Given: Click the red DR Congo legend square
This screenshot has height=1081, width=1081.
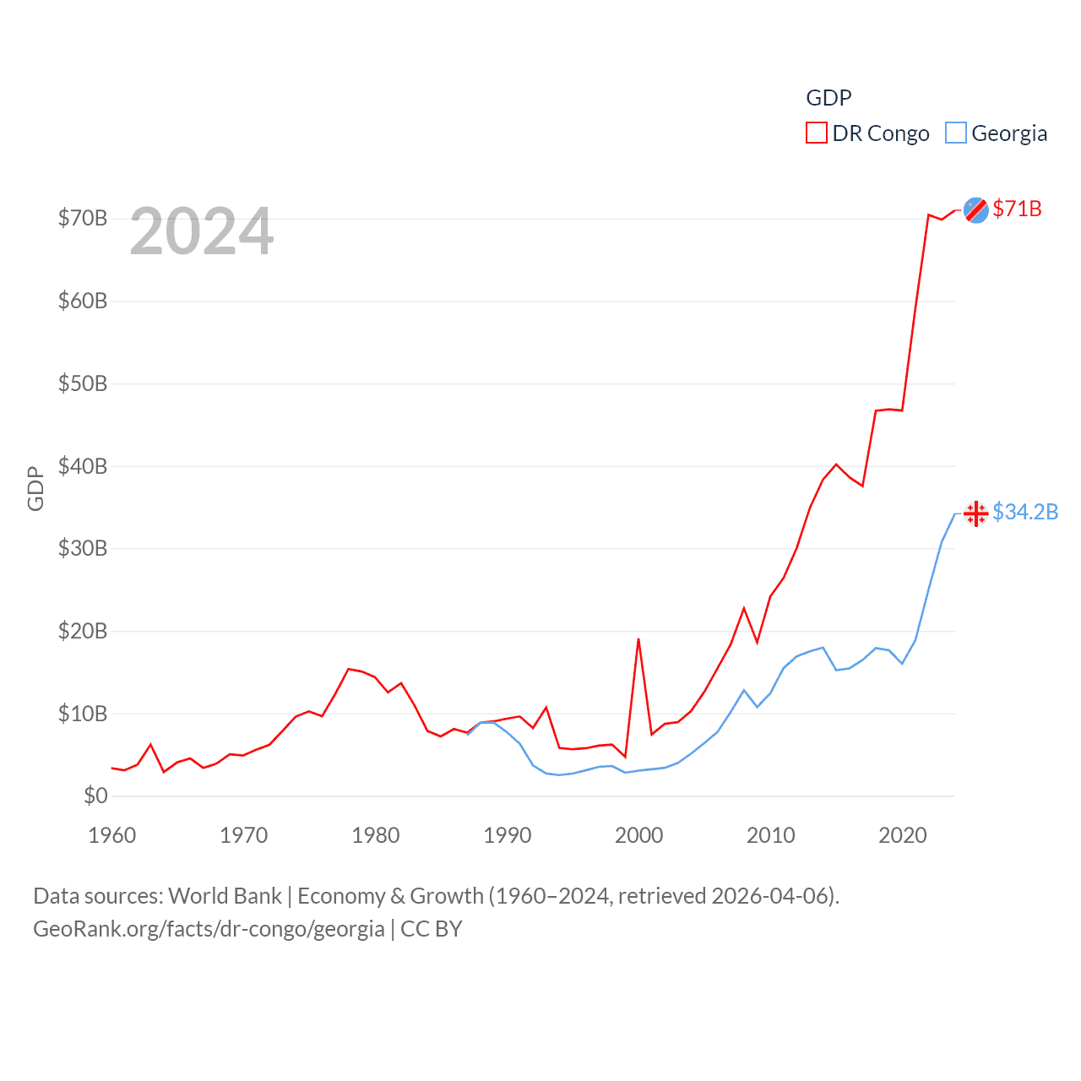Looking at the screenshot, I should click(817, 133).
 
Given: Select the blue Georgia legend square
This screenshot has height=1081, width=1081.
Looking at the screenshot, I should click(955, 133).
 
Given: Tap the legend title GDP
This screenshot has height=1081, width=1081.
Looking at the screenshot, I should click(828, 98).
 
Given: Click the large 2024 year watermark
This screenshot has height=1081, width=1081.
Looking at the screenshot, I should click(202, 231).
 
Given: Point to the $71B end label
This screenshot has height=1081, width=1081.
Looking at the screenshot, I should click(1017, 209).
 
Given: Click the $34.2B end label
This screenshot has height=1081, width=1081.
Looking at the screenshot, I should click(1025, 512).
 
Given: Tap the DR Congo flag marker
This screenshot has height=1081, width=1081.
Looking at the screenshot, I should click(976, 210).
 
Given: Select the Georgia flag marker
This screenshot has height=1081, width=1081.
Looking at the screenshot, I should click(976, 513).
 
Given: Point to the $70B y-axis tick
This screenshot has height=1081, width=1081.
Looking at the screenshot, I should click(83, 218).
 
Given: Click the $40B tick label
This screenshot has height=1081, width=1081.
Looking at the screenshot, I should click(83, 466).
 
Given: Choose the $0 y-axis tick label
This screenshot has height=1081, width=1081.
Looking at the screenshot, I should click(95, 796).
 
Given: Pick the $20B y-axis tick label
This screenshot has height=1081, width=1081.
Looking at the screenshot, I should click(83, 631).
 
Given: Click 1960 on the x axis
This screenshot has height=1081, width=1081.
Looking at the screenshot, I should click(112, 835).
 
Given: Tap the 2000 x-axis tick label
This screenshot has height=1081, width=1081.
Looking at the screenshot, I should click(639, 835).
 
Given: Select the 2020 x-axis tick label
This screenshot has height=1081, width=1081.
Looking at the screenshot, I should click(903, 835).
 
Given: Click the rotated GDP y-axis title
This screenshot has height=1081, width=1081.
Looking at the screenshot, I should click(35, 488).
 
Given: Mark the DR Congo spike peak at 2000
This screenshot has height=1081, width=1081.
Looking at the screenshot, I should click(638, 639).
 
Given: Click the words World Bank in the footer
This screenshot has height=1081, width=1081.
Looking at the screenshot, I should click(225, 896).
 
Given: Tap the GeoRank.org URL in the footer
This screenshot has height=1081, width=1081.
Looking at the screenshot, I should click(209, 929).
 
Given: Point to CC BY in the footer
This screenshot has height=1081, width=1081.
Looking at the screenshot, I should click(432, 929).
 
